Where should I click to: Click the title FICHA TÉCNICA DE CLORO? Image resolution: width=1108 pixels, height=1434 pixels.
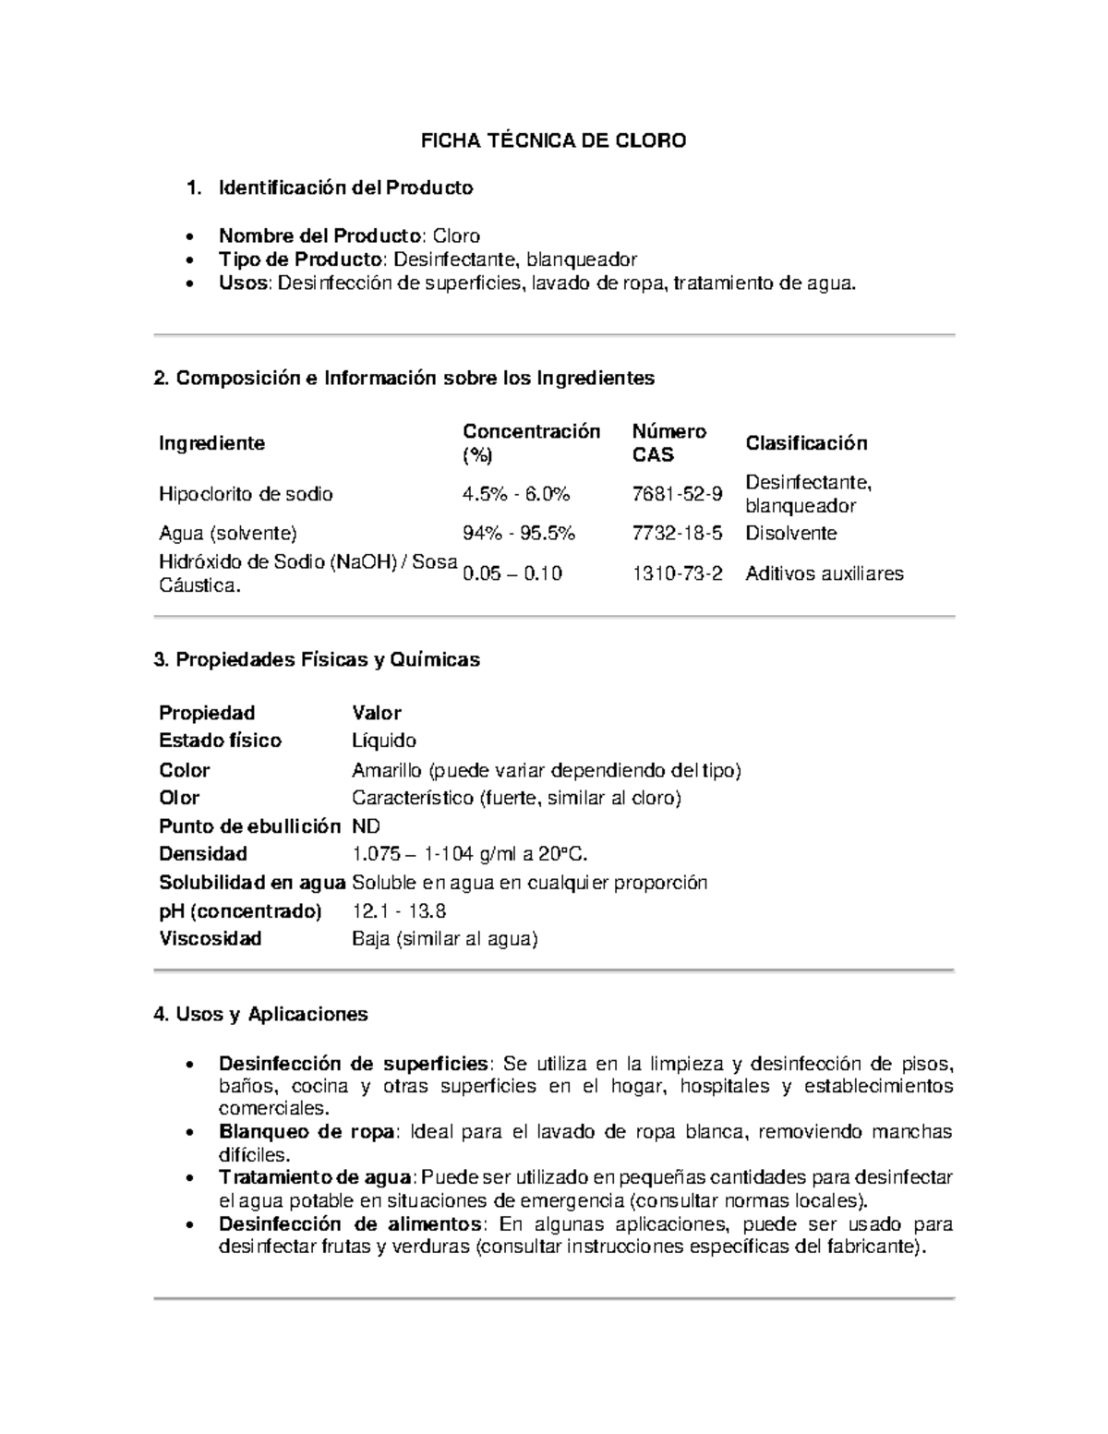[553, 141]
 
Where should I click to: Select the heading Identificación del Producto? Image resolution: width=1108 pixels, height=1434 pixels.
[345, 188]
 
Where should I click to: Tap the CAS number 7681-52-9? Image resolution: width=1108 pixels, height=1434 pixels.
[677, 494]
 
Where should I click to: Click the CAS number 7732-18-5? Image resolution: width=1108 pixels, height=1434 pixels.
[677, 534]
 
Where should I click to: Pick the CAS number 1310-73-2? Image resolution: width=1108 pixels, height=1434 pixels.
[677, 573]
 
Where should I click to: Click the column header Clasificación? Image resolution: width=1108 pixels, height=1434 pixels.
[806, 443]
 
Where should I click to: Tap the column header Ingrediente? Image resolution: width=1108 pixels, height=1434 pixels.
[211, 443]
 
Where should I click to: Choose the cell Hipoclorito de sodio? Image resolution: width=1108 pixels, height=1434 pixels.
[246, 494]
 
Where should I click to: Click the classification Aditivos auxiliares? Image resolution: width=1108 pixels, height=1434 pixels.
[824, 573]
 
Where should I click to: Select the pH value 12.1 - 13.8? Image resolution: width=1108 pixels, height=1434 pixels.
[399, 911]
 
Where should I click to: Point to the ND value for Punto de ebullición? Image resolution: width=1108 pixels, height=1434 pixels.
[366, 826]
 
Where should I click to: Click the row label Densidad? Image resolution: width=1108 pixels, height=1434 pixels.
[202, 854]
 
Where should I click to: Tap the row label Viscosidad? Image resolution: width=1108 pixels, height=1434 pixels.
[210, 939]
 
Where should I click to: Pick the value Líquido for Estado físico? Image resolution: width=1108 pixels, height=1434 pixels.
[383, 741]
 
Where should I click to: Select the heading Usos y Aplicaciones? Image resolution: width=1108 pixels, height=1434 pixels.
[260, 1015]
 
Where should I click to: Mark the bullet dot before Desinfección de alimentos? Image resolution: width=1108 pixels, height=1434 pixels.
[189, 1226]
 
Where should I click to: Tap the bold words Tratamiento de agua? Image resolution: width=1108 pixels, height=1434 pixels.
[314, 1177]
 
